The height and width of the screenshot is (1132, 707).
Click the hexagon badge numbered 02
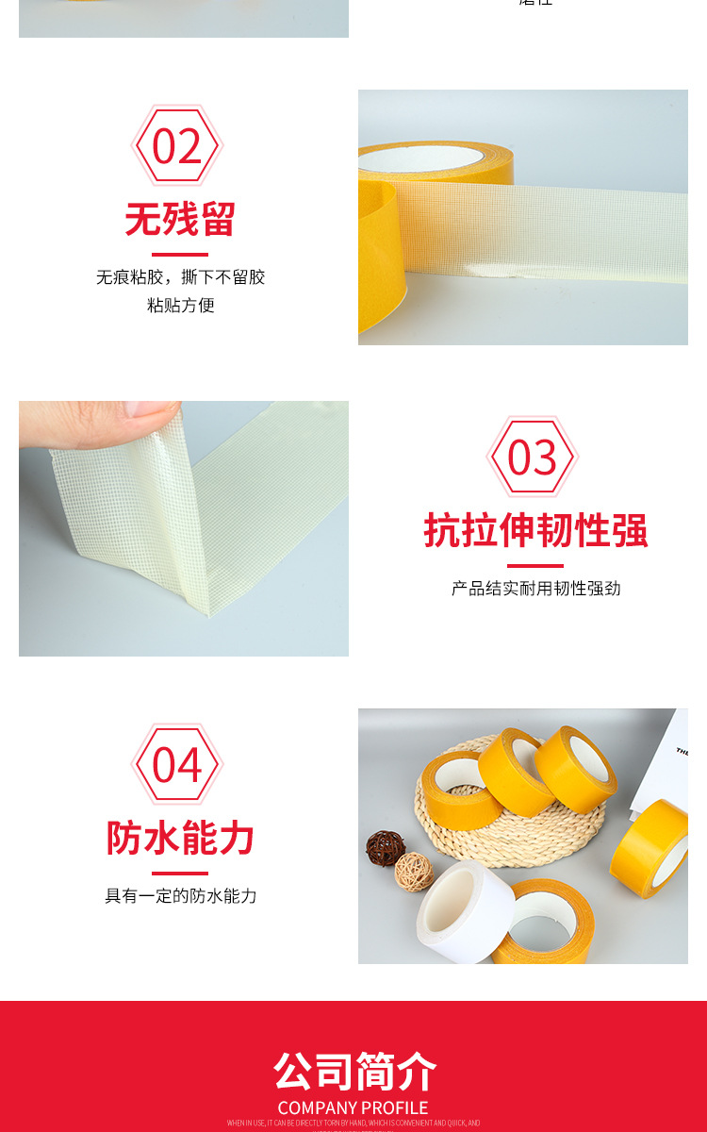point(176,147)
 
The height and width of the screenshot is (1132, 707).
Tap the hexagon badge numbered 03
point(533,458)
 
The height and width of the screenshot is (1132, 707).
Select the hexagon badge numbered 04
point(176,765)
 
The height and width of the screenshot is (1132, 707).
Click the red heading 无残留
point(179,220)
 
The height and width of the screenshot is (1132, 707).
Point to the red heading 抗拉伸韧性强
point(535,530)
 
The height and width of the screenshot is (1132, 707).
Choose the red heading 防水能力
point(180,838)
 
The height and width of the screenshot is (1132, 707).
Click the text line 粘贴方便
point(180,306)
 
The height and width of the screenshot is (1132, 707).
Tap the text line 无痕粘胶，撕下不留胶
point(180,277)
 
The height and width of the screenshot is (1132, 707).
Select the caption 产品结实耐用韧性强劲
point(535,589)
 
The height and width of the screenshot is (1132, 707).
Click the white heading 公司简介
point(354,1072)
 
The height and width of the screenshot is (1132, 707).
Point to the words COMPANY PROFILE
point(353,1107)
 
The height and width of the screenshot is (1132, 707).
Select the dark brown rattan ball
point(385,846)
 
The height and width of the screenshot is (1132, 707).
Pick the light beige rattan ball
point(414,871)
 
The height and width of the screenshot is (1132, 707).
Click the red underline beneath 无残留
point(179,254)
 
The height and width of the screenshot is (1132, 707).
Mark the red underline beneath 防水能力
point(179,873)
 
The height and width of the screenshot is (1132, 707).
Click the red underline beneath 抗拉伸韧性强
point(534,565)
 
